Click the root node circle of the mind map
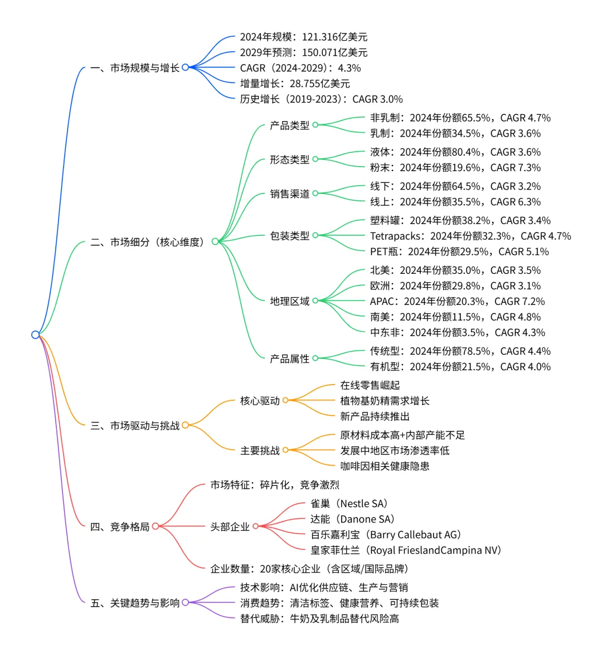pyautogui.click(x=36, y=335)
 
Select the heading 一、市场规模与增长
pyautogui.click(x=135, y=68)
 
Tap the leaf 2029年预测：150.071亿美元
pyautogui.click(x=304, y=52)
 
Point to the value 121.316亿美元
pyautogui.click(x=334, y=37)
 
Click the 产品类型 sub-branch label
pyautogui.click(x=289, y=125)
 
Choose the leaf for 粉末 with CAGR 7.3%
pyautogui.click(x=455, y=167)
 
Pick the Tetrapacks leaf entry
pyautogui.click(x=470, y=236)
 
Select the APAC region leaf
pyautogui.click(x=457, y=301)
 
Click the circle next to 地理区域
pyautogui.click(x=315, y=301)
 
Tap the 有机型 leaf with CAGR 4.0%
pyautogui.click(x=460, y=366)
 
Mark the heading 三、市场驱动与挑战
pyautogui.click(x=135, y=425)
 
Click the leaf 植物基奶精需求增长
pyautogui.click(x=385, y=400)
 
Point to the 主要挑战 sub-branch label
pyautogui.click(x=260, y=450)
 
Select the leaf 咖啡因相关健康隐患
pyautogui.click(x=385, y=466)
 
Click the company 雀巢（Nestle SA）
pyautogui.click(x=349, y=503)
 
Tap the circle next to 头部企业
pyautogui.click(x=255, y=526)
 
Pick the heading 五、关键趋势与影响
pyautogui.click(x=135, y=603)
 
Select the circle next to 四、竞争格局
pyautogui.click(x=156, y=526)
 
